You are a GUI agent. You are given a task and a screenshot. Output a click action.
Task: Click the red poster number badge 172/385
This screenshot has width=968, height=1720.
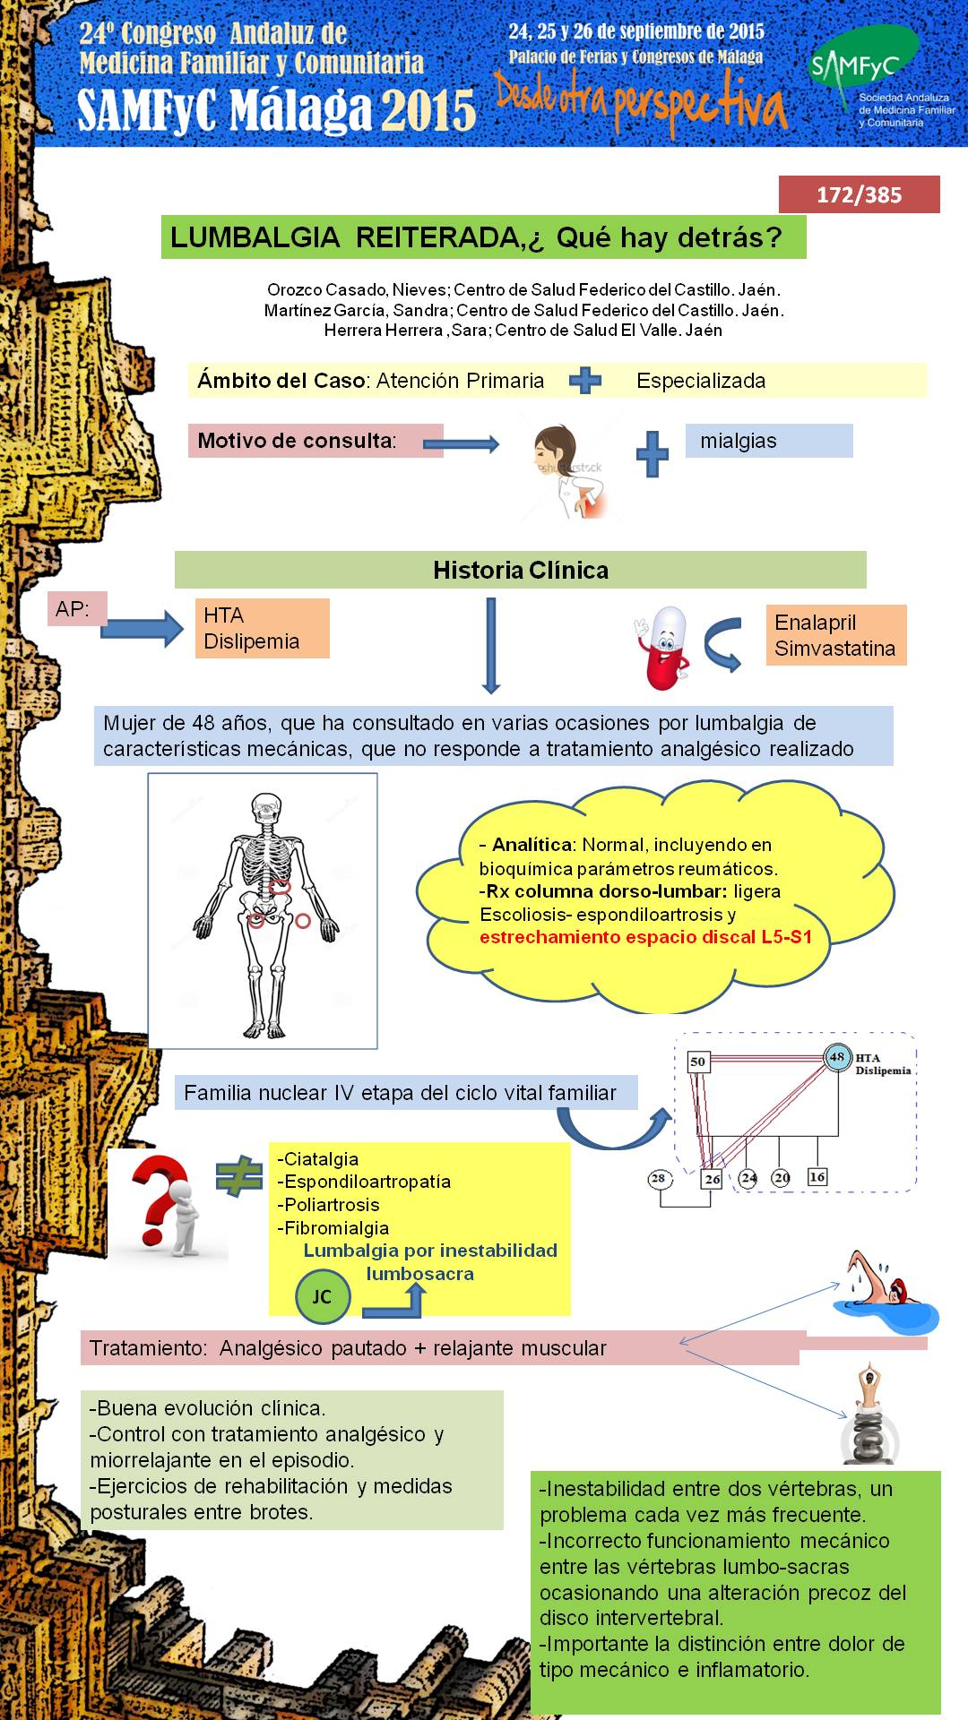pyautogui.click(x=859, y=194)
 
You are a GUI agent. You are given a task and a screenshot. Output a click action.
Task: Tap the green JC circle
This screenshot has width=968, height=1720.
pyautogui.click(x=322, y=1296)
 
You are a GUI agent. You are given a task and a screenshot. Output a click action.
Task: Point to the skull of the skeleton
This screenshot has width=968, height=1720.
pyautogui.click(x=265, y=811)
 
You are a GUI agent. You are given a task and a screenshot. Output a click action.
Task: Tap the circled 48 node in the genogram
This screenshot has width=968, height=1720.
pyautogui.click(x=837, y=1057)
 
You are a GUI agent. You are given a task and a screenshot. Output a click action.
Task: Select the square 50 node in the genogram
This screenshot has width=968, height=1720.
pyautogui.click(x=698, y=1062)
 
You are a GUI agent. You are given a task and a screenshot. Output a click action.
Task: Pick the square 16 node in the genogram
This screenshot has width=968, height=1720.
pyautogui.click(x=817, y=1176)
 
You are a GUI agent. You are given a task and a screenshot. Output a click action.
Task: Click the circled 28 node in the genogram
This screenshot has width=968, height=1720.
pyautogui.click(x=658, y=1178)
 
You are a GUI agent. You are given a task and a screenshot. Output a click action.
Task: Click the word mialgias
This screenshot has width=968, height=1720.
pyautogui.click(x=739, y=441)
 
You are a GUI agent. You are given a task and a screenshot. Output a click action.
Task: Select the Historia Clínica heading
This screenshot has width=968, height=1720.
pyautogui.click(x=521, y=570)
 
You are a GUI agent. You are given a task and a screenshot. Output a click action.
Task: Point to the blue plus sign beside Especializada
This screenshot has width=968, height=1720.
pyautogui.click(x=585, y=381)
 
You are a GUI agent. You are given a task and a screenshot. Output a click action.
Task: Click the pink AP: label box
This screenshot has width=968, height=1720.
pyautogui.click(x=76, y=609)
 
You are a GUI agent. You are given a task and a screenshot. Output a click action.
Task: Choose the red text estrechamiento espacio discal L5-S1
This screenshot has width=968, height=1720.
pyautogui.click(x=646, y=937)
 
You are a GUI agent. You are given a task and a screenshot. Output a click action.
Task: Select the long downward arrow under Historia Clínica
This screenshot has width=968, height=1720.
pyautogui.click(x=490, y=646)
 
